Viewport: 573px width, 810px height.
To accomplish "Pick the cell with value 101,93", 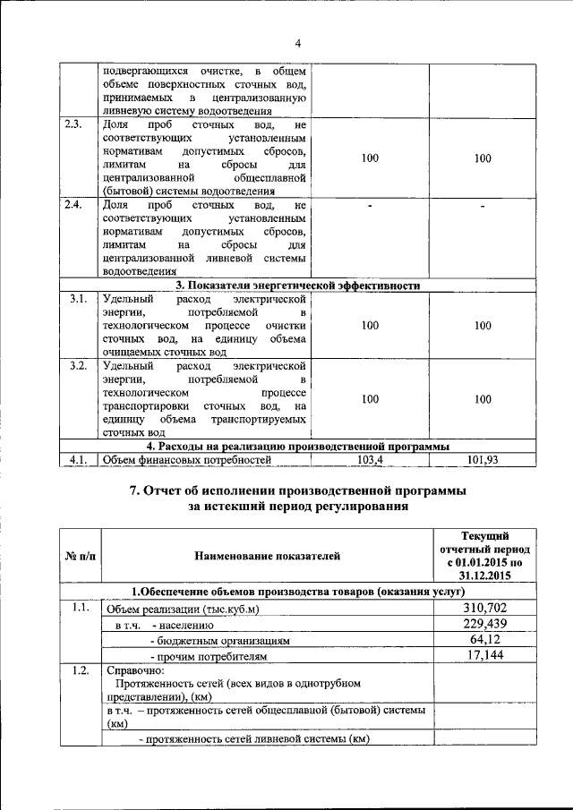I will coord(483,460).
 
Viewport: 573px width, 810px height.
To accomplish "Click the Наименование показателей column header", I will coord(268,556).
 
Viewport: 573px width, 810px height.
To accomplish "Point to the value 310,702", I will coord(484,609).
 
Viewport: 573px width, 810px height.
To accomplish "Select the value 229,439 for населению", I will coord(484,624).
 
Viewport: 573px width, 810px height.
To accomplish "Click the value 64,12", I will coord(484,640).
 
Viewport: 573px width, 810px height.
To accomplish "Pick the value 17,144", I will coord(484,656).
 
